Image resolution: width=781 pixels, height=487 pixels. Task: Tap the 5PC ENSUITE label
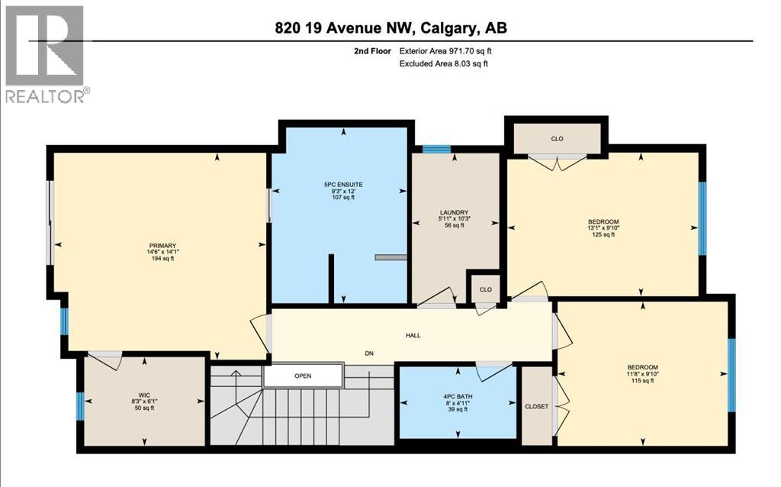pyautogui.click(x=343, y=183)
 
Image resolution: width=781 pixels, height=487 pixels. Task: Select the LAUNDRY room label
pyautogui.click(x=453, y=213)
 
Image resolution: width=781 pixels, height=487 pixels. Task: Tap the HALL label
pyautogui.click(x=413, y=335)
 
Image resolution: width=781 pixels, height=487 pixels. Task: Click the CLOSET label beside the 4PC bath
pyautogui.click(x=537, y=406)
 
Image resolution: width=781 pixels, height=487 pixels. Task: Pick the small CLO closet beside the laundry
pyautogui.click(x=485, y=289)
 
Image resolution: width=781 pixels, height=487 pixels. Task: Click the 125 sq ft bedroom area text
pyautogui.click(x=603, y=235)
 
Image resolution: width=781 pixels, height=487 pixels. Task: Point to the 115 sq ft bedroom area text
pyautogui.click(x=641, y=381)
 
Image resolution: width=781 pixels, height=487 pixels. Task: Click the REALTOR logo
pyautogui.click(x=46, y=53)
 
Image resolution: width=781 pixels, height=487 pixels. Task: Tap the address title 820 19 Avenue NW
pyautogui.click(x=390, y=27)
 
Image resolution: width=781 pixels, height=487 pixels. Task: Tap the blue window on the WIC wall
pyautogui.click(x=80, y=406)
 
